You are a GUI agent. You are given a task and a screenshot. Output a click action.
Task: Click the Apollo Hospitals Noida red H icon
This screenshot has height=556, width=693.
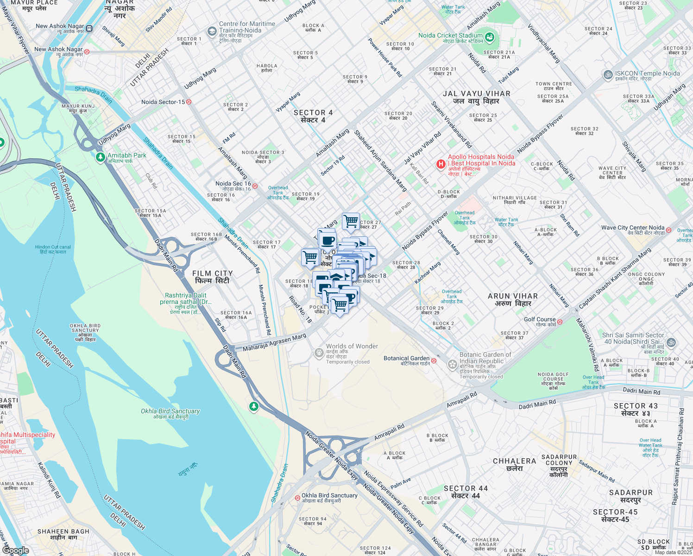(441, 164)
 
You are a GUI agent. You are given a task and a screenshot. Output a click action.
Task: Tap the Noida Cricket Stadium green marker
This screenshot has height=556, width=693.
(490, 37)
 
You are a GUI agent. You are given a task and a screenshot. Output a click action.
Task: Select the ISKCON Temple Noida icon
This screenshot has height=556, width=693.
(608, 75)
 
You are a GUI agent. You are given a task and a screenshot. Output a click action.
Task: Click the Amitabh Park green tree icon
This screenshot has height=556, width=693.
(101, 158)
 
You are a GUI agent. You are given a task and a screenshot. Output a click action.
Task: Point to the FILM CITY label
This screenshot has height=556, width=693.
(212, 277)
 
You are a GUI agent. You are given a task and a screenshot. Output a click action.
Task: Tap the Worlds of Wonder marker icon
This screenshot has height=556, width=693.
(319, 353)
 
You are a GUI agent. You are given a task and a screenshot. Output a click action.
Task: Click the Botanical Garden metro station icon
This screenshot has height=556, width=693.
(434, 360)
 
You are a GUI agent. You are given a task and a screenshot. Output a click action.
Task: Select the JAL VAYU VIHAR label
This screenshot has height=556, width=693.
(476, 97)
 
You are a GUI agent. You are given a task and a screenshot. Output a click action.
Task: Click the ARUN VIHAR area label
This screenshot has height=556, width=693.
(513, 299)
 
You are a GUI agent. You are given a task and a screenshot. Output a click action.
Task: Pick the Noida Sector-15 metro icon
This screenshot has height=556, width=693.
(189, 102)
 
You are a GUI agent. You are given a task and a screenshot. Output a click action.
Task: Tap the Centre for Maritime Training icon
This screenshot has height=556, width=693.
(212, 31)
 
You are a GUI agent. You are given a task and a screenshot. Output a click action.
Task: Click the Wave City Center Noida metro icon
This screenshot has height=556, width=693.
(668, 230)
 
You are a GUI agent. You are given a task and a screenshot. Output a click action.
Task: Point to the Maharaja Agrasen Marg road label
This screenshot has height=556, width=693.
(274, 342)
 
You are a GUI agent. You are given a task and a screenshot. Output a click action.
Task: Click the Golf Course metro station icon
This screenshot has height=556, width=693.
(560, 322)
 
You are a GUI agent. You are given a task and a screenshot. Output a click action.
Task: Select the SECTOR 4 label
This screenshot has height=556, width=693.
(313, 116)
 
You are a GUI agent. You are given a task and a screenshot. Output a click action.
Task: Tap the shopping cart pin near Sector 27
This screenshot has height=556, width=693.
(351, 221)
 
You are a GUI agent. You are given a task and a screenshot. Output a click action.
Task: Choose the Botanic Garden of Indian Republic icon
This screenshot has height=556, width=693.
(453, 364)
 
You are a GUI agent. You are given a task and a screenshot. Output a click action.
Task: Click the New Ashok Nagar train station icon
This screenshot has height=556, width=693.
(89, 29)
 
